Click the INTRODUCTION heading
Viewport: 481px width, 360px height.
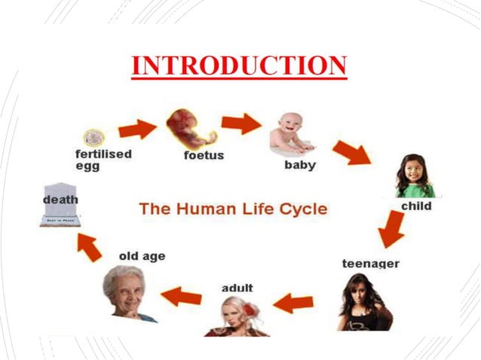(239, 66)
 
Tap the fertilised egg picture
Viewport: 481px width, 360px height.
(93, 137)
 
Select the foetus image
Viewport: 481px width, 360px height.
(189, 128)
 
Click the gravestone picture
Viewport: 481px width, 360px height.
(60, 204)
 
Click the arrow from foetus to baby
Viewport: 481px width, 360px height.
(240, 123)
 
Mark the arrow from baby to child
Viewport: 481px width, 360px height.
(351, 152)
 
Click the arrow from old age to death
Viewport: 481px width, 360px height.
(90, 247)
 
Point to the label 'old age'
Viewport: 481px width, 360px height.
(142, 256)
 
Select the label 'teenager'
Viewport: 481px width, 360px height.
(370, 264)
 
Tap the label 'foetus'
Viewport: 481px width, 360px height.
(204, 156)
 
